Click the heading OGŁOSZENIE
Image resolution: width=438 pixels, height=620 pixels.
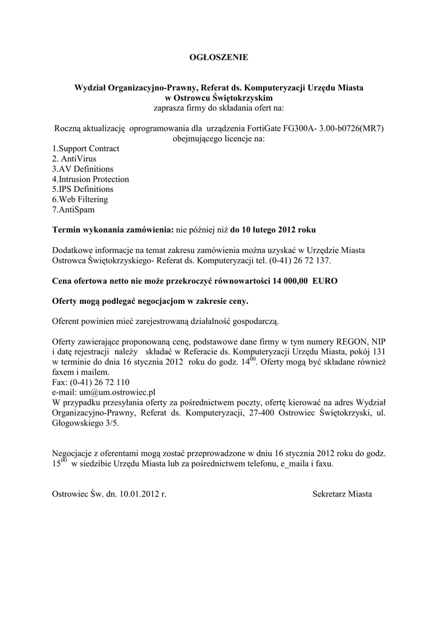tap(219, 58)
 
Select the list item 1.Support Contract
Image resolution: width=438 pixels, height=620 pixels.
tap(86, 148)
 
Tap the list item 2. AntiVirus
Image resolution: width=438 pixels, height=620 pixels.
tap(74, 159)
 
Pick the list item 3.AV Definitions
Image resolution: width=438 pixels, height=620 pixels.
tap(83, 169)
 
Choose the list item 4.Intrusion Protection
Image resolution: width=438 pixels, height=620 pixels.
tap(91, 179)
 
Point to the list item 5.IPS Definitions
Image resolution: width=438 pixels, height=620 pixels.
tap(83, 190)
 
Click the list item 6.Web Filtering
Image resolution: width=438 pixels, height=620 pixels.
tap(80, 200)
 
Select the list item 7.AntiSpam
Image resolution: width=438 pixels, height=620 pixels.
tap(73, 210)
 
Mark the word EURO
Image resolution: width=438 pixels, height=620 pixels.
tap(325, 282)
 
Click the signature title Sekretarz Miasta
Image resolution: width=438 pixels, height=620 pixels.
tap(342, 494)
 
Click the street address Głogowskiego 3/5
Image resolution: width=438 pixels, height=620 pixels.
tap(86, 423)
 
